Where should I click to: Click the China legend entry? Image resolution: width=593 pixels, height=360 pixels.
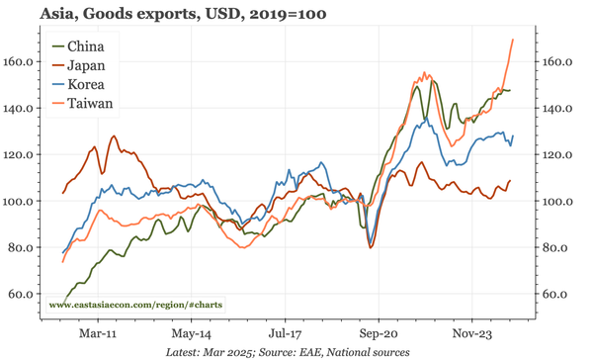click(x=85, y=46)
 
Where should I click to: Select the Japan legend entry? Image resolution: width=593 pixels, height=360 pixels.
click(x=85, y=65)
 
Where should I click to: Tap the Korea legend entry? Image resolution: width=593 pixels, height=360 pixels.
click(x=85, y=84)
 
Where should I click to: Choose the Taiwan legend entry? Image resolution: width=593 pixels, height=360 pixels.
click(x=89, y=103)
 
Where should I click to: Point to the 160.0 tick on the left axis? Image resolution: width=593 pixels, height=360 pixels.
click(x=22, y=61)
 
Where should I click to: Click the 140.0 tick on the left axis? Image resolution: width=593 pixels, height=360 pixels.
click(x=22, y=108)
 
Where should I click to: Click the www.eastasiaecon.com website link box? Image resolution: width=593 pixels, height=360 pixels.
click(x=135, y=305)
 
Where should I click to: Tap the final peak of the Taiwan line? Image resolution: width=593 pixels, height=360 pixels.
click(x=513, y=40)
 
